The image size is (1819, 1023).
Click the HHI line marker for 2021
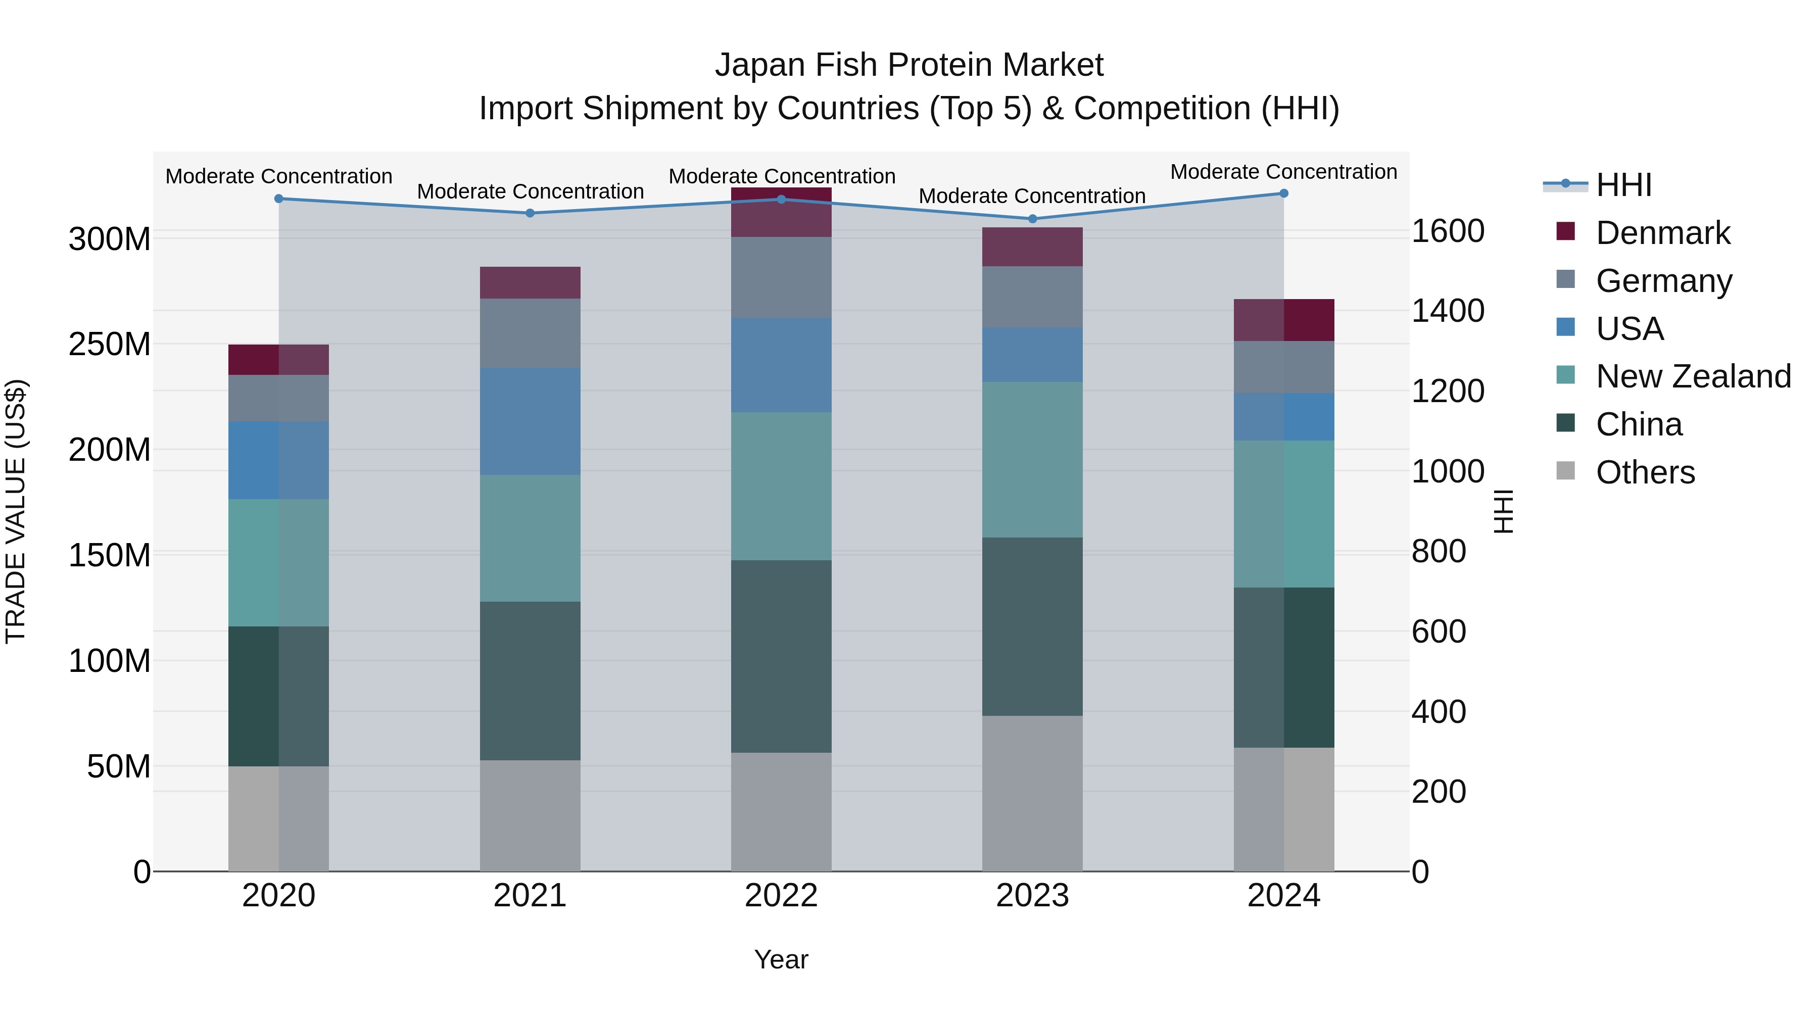pos(531,213)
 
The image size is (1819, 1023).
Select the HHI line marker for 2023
pos(1032,219)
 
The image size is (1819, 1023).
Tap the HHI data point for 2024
pos(1284,193)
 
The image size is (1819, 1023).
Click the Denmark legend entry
pos(1662,233)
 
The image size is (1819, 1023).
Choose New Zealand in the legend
pos(1693,376)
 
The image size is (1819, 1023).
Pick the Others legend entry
pos(1645,472)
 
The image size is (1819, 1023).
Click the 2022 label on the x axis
pos(781,896)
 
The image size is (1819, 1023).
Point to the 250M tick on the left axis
pos(110,345)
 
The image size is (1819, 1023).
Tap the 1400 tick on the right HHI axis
pos(1448,311)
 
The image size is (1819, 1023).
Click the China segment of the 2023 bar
pos(1032,626)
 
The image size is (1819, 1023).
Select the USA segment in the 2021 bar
pos(531,421)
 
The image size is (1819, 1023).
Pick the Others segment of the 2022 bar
pos(781,812)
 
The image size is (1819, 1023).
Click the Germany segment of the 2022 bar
pos(781,277)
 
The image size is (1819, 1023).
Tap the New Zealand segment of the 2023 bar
pos(1032,460)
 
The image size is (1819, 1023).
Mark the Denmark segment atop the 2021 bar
pos(531,282)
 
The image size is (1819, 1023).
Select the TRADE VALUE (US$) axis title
pos(16,511)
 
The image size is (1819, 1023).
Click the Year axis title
pos(781,959)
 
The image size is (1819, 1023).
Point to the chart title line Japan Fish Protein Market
pos(909,65)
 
